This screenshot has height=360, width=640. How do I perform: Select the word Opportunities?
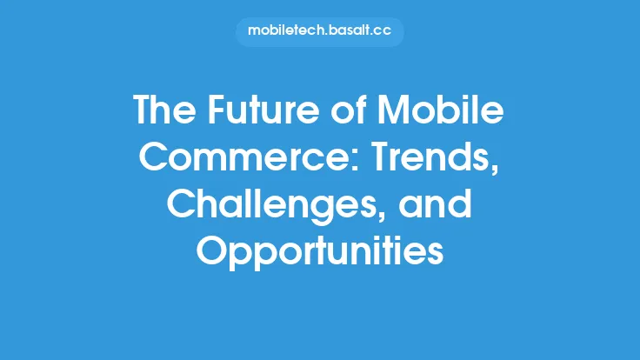click(x=320, y=252)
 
